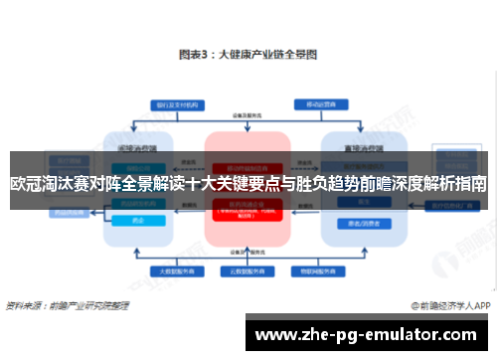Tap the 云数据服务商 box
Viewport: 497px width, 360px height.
tap(248, 271)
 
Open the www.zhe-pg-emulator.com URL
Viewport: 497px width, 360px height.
tap(369, 333)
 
